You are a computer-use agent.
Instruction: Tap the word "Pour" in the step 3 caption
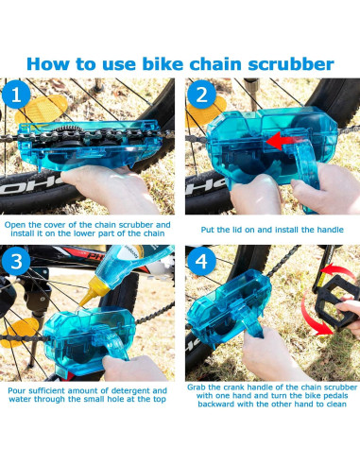20,389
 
